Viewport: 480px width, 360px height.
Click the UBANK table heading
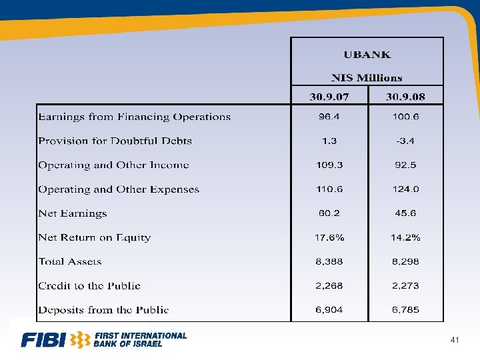point(367,55)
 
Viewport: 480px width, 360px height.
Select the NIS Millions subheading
point(367,78)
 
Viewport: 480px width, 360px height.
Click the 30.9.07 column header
point(329,97)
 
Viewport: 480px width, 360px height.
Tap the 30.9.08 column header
point(405,97)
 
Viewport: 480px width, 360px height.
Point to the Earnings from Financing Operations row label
point(134,117)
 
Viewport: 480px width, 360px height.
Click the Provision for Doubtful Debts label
point(115,141)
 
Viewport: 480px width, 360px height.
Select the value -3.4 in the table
point(405,141)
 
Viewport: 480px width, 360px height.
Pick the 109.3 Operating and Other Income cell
point(329,165)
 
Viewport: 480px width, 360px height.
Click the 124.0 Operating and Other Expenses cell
point(405,189)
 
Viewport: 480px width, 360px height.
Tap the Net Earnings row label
point(72,213)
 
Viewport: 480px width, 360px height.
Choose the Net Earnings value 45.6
point(405,213)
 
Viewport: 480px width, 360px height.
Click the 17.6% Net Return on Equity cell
point(329,237)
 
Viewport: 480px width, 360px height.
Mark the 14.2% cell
point(405,237)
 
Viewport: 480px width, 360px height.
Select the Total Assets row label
point(71,261)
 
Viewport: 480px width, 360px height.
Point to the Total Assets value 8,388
point(329,261)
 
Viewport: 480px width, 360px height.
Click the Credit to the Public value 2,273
point(405,285)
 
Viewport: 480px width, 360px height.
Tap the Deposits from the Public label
point(103,309)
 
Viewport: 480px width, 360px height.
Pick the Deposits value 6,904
point(329,309)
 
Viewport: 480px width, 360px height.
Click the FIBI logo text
point(44,340)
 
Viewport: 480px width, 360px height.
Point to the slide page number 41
point(455,341)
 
